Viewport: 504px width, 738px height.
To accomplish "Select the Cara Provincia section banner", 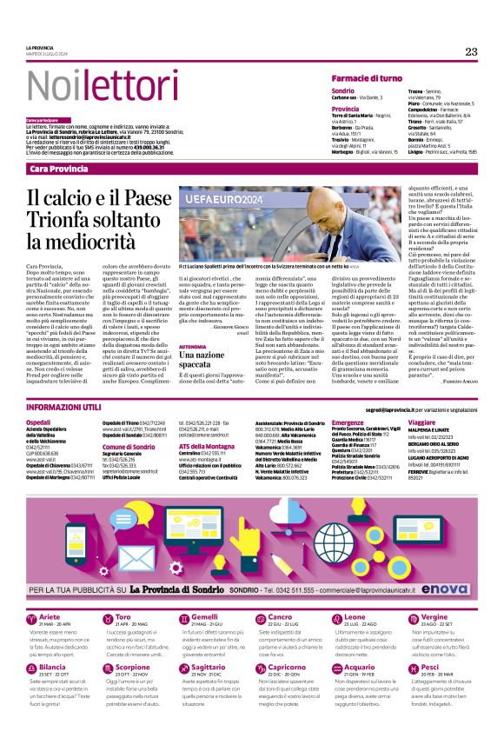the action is pos(57,167).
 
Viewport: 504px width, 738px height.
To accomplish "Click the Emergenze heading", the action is pos(348,422).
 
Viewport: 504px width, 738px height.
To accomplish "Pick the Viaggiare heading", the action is pos(421,422).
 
